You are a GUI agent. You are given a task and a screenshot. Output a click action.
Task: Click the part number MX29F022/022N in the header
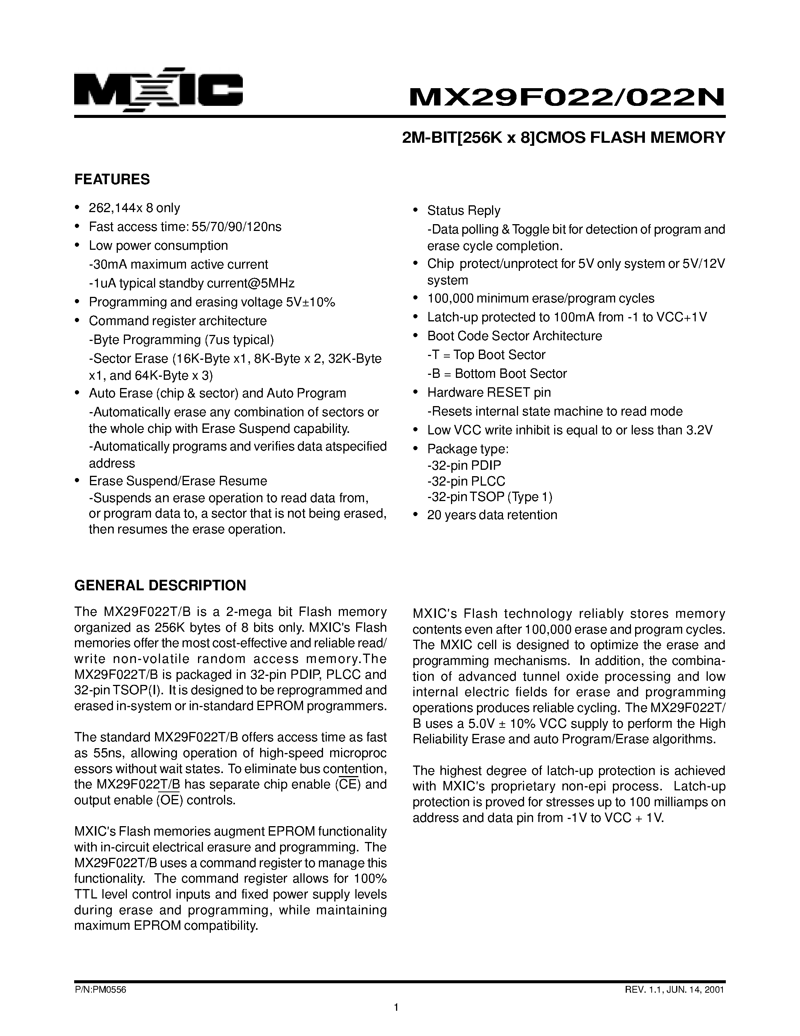(x=567, y=98)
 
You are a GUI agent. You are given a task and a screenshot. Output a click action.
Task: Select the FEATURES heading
(x=112, y=179)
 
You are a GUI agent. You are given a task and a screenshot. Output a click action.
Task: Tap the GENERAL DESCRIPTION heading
(x=160, y=585)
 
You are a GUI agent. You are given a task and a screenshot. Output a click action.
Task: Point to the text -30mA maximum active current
(x=179, y=264)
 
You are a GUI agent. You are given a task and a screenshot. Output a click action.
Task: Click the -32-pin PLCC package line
(x=466, y=481)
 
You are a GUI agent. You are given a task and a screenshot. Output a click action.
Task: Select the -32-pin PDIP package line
(x=463, y=465)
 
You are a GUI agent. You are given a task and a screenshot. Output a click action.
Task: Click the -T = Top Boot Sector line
(x=486, y=355)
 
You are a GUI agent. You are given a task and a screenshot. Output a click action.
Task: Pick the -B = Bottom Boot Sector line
(x=497, y=373)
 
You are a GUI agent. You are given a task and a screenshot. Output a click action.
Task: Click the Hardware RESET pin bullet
(x=489, y=392)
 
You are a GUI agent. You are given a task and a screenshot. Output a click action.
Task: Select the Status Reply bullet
(x=463, y=211)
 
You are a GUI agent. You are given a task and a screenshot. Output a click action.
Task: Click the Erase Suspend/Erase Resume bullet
(x=178, y=481)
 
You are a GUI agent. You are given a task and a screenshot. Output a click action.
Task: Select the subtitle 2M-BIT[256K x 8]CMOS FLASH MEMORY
(x=564, y=138)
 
